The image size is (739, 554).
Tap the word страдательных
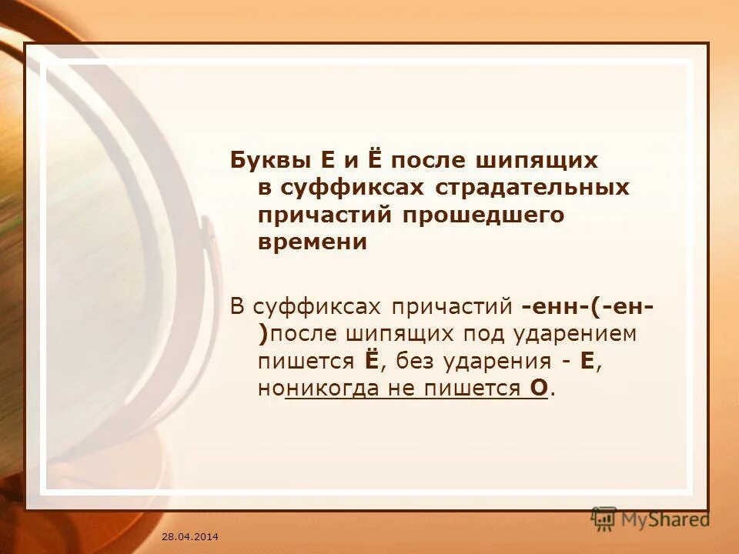(533, 187)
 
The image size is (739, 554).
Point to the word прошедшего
(482, 215)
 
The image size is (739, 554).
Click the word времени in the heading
(312, 242)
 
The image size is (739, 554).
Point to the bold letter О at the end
(538, 389)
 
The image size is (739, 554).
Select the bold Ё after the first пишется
(369, 361)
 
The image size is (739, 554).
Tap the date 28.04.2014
(190, 535)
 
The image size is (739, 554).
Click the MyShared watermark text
(664, 519)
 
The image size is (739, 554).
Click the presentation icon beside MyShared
(604, 519)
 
